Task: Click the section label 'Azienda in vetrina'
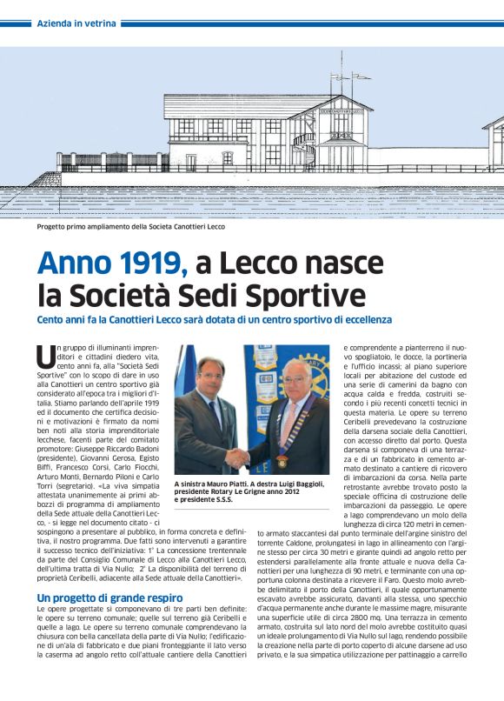point(76,23)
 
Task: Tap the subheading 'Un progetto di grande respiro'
point(109,598)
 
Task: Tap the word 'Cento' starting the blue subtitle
point(52,320)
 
